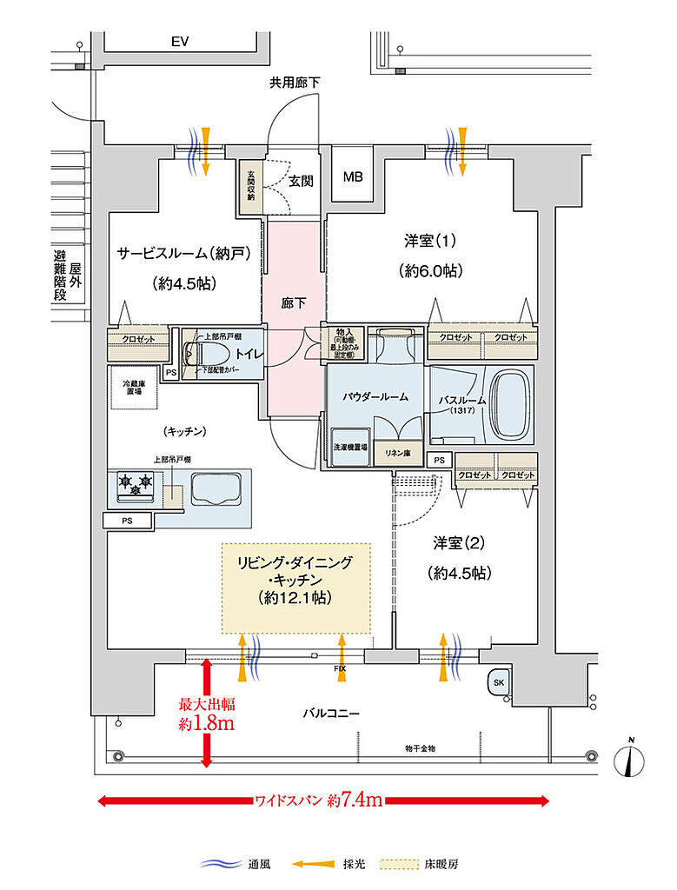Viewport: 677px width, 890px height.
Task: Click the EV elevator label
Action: (x=180, y=42)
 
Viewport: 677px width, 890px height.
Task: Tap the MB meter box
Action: (x=353, y=177)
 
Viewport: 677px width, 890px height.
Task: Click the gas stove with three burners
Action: (x=136, y=486)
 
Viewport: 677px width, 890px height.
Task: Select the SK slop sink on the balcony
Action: (x=498, y=683)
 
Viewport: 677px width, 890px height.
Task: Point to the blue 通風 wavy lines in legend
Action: (x=221, y=864)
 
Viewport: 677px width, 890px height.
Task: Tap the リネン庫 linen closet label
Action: (x=401, y=453)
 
